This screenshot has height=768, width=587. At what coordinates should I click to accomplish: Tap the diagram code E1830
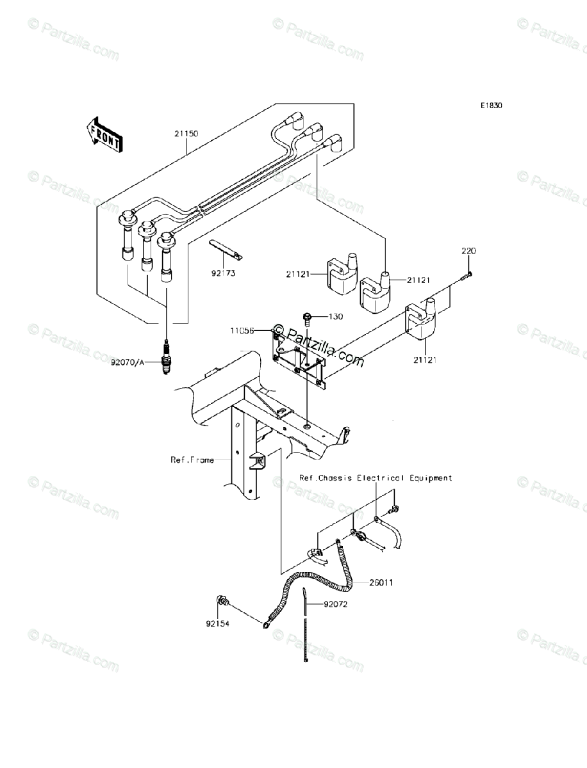[x=492, y=106]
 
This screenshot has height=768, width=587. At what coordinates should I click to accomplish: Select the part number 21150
[x=186, y=134]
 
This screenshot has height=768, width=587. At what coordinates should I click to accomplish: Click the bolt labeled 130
[x=308, y=318]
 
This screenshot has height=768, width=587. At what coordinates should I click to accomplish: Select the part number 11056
[x=244, y=331]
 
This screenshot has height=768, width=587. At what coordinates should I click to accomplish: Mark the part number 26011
[x=381, y=583]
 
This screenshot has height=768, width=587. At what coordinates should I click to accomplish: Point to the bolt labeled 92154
[x=223, y=602]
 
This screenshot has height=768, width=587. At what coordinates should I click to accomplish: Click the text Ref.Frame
[x=192, y=460]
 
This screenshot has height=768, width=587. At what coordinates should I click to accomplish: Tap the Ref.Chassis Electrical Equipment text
[x=376, y=478]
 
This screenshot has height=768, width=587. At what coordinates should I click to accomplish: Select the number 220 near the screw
[x=468, y=251]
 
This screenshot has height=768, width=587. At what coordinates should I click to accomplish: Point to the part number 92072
[x=335, y=604]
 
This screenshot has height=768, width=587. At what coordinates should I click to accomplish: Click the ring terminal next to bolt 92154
[x=265, y=621]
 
